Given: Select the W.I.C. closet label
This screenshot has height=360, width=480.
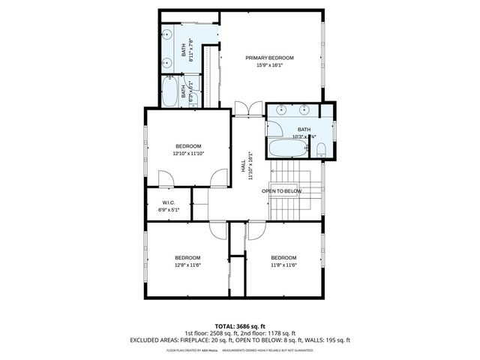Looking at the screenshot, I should (x=169, y=202).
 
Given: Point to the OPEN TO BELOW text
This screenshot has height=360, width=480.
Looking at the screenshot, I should (x=282, y=191).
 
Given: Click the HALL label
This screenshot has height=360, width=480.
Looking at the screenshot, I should (x=243, y=164).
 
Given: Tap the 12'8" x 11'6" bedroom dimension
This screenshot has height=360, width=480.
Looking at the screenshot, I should (x=187, y=264).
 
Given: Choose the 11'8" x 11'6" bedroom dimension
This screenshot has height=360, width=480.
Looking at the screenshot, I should (x=283, y=264).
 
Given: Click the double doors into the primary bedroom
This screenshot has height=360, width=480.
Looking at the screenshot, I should (x=246, y=109).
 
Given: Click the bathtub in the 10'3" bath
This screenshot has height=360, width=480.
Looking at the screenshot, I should (x=288, y=148).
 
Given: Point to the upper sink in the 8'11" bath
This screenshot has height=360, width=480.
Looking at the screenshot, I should (x=168, y=36).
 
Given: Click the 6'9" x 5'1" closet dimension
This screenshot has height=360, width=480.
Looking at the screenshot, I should (x=169, y=210).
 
